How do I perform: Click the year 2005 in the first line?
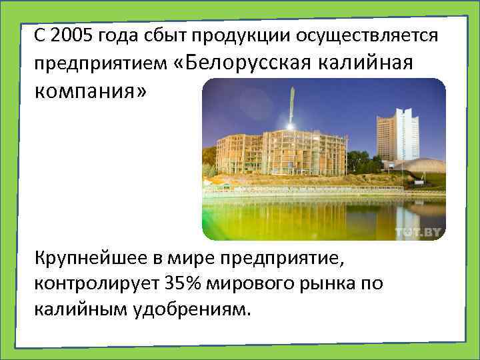pos(69,36)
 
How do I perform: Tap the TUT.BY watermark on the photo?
pos(418,231)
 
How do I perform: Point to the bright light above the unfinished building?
pos(290,125)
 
